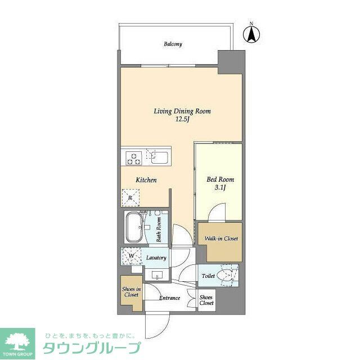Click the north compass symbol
tap(251, 34)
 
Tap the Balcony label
tap(173, 44)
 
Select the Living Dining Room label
tap(182, 111)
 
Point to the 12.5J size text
tap(182, 119)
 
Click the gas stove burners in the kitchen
tap(134, 157)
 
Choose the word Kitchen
tap(146, 180)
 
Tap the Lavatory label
tap(156, 258)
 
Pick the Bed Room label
tap(220, 180)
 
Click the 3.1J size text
tap(220, 187)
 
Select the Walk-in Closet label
tap(221, 238)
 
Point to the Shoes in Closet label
tap(130, 292)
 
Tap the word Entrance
tap(169, 298)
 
